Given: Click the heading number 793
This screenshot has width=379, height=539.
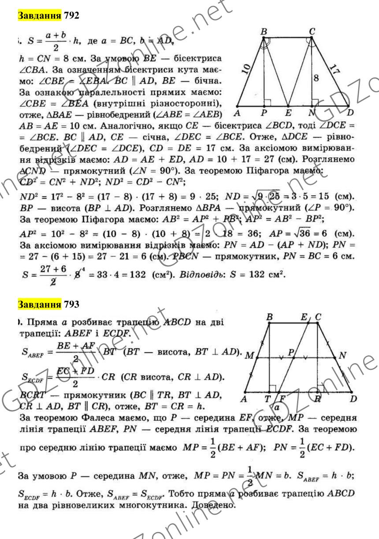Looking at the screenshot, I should [x=59, y=305].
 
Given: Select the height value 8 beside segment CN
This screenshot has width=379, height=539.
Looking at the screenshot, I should [x=316, y=78].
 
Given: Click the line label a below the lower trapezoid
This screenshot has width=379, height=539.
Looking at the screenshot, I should [x=278, y=407].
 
